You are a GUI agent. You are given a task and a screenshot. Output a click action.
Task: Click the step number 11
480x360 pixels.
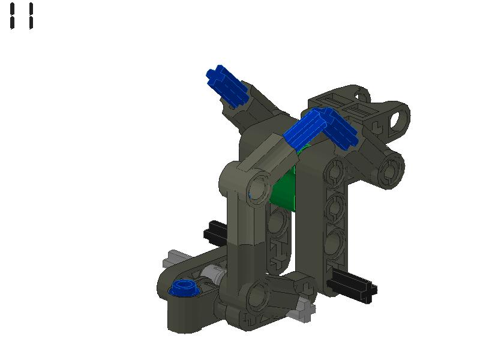[x=22, y=16]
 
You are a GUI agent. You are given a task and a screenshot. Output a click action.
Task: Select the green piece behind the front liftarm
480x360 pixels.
[x=285, y=189]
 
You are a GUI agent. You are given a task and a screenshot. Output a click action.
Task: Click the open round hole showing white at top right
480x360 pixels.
[x=398, y=118]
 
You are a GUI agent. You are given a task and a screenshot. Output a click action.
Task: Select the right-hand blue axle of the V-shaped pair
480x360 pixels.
[x=338, y=130]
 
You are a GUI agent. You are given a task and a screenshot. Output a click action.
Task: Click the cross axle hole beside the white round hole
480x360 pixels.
[x=377, y=127]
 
